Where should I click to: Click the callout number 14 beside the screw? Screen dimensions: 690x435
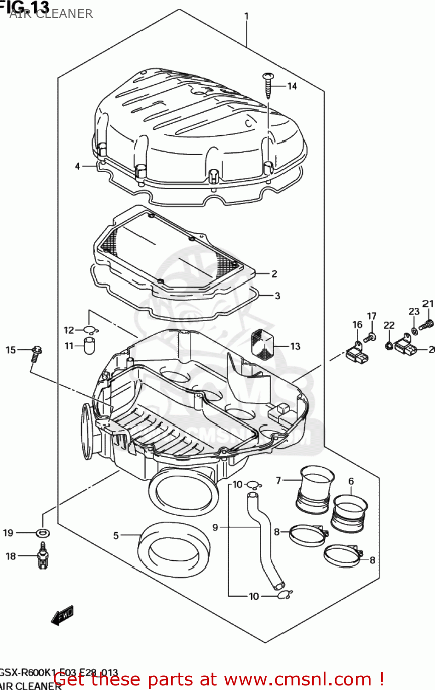[x=292, y=86]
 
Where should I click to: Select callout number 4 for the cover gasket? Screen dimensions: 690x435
[x=78, y=166]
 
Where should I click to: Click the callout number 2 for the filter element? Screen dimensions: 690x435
[x=274, y=274]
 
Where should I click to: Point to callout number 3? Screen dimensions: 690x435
[x=277, y=296]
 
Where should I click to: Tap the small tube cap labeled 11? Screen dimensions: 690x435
[x=89, y=345]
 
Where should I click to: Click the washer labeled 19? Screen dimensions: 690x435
[x=43, y=533]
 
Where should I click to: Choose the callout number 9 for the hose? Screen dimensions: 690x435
[x=215, y=527]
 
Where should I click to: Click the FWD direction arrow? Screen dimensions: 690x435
[x=62, y=615]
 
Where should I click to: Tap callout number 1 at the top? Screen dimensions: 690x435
[x=246, y=16]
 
